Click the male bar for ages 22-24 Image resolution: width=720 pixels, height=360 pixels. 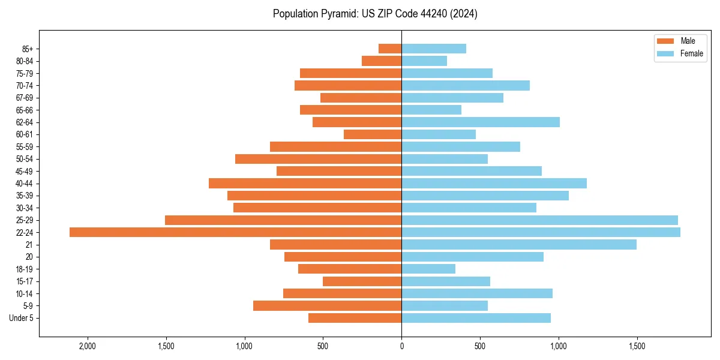[x=235, y=232]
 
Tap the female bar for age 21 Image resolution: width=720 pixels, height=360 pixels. [x=519, y=245]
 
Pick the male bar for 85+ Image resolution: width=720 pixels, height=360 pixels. [x=390, y=49]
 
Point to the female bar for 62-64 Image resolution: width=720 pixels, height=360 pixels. [x=481, y=122]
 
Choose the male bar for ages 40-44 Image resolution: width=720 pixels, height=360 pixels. [x=305, y=184]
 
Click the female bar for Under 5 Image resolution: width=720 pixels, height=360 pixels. [x=476, y=318]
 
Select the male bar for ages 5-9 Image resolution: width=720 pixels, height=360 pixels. [x=327, y=306]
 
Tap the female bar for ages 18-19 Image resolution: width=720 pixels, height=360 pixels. [x=428, y=269]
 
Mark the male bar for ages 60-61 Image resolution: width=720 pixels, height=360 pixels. [x=373, y=134]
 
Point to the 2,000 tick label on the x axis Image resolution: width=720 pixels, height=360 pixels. [x=88, y=346]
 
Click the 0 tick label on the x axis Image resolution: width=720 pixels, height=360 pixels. [x=401, y=346]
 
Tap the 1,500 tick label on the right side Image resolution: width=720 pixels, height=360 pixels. [x=637, y=346]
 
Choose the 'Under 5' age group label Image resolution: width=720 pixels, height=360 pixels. [x=21, y=318]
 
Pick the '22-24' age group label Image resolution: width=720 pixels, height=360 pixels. [x=25, y=233]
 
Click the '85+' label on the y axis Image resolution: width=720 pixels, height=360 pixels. [x=26, y=49]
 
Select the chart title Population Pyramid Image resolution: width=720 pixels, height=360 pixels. [x=375, y=14]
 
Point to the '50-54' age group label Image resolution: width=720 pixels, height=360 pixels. [x=25, y=159]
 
